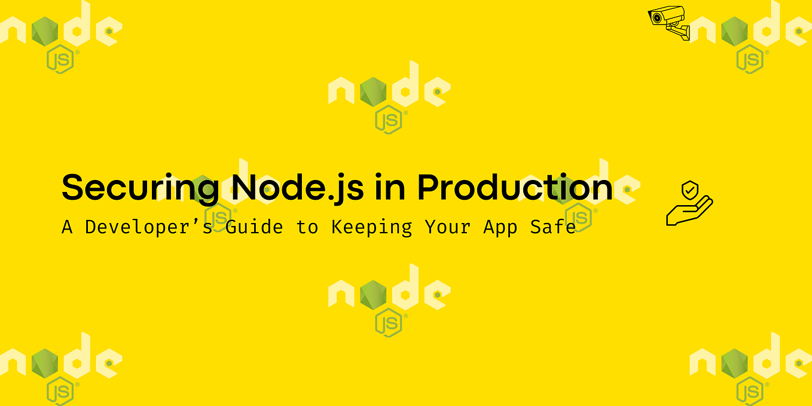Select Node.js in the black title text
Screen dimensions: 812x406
click(x=297, y=188)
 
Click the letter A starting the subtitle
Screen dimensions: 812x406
click(x=67, y=227)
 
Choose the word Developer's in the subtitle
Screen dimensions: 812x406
click(x=149, y=227)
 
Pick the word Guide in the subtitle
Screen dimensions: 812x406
click(x=254, y=227)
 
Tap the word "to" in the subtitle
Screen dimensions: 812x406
click(x=307, y=227)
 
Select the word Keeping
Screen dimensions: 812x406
click(x=372, y=228)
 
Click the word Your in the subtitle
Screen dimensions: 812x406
click(x=448, y=227)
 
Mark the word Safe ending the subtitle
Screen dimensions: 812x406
click(x=553, y=227)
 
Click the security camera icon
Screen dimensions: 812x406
click(x=669, y=23)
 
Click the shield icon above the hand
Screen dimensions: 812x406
click(x=690, y=191)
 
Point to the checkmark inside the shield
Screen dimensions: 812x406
click(x=690, y=190)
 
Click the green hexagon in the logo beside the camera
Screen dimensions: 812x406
click(x=734, y=32)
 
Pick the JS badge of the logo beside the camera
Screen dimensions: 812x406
click(x=750, y=59)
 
